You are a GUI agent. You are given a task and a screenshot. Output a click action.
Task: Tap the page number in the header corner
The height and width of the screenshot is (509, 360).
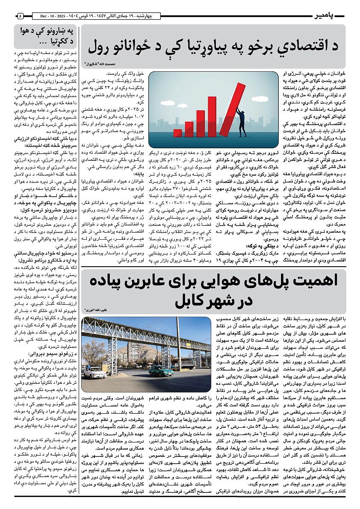[x=21, y=16]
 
